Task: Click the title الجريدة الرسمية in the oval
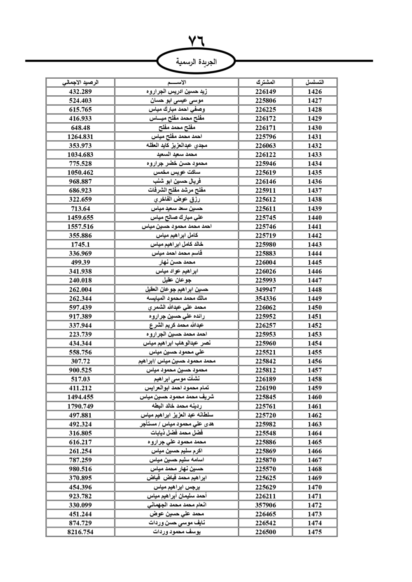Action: click(x=197, y=62)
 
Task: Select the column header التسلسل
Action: click(x=314, y=82)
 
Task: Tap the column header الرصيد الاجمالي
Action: click(x=80, y=82)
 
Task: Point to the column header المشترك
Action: click(x=265, y=82)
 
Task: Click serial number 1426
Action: click(x=314, y=92)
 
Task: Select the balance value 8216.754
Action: click(x=80, y=532)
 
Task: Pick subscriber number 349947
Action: click(x=265, y=289)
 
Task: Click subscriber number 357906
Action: click(x=265, y=505)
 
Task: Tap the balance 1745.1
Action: click(x=80, y=244)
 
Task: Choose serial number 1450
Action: click(x=314, y=307)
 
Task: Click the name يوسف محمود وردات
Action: click(x=177, y=532)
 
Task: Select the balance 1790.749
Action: click(x=80, y=406)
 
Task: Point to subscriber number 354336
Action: click(x=265, y=298)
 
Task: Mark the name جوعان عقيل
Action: click(x=177, y=280)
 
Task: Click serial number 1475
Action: click(x=314, y=532)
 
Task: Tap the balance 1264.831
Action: click(x=80, y=137)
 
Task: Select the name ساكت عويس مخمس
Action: click(x=177, y=172)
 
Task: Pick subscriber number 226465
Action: click(x=265, y=514)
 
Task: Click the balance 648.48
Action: click(x=80, y=128)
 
